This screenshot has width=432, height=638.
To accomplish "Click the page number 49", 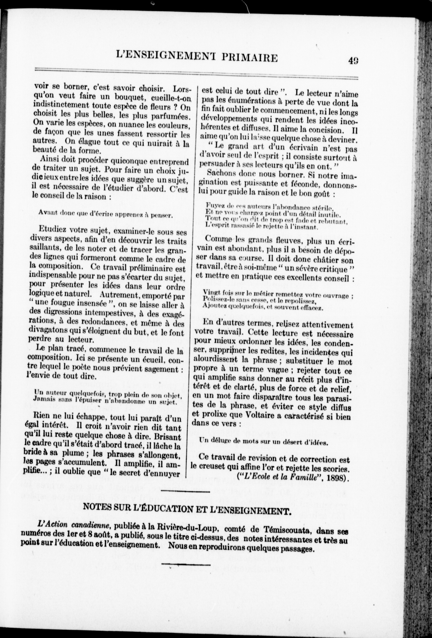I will (354, 60).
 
